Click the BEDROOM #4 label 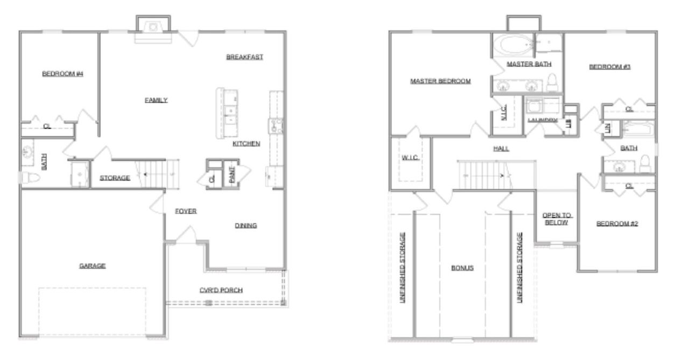[62, 74]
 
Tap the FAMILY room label [156, 100]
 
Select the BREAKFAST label [244, 57]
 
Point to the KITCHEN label [246, 144]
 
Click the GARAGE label [92, 266]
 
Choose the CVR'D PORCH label [221, 290]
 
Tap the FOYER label [186, 211]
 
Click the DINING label [245, 225]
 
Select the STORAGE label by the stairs [115, 178]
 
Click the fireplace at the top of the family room [153, 27]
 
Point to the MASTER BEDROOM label [440, 81]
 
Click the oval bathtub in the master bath [512, 45]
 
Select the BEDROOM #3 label [610, 67]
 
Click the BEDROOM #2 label [617, 224]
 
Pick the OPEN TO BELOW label [557, 218]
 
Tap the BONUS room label [462, 268]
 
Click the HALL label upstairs [501, 149]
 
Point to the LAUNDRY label [542, 119]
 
